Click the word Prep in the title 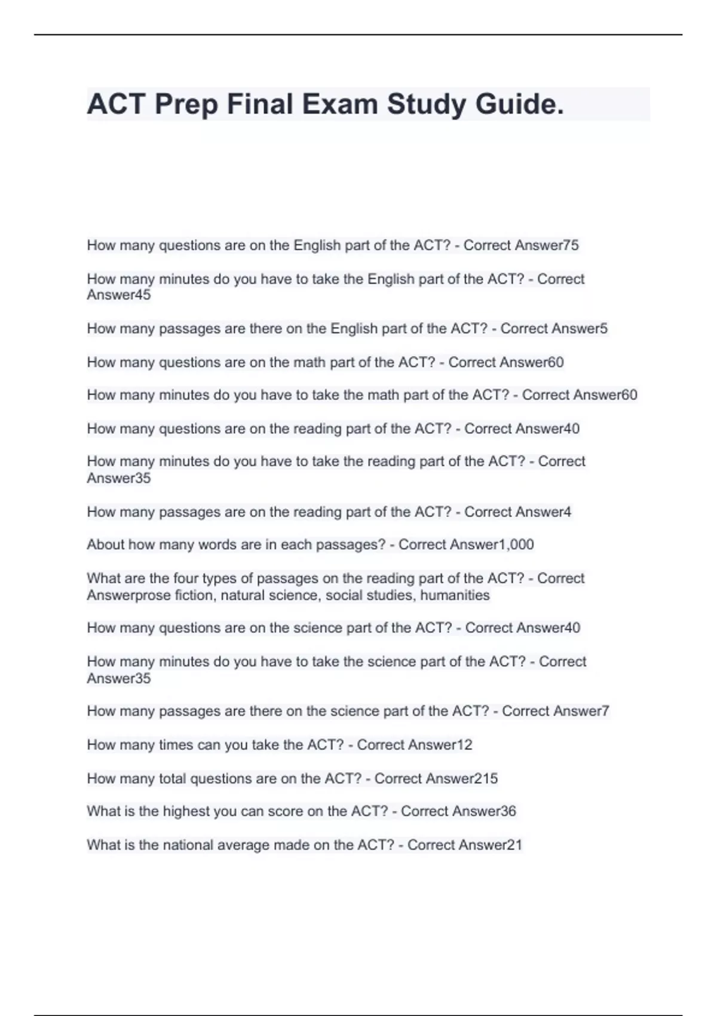pyautogui.click(x=186, y=105)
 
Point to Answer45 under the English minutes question pyautogui.click(x=119, y=295)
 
